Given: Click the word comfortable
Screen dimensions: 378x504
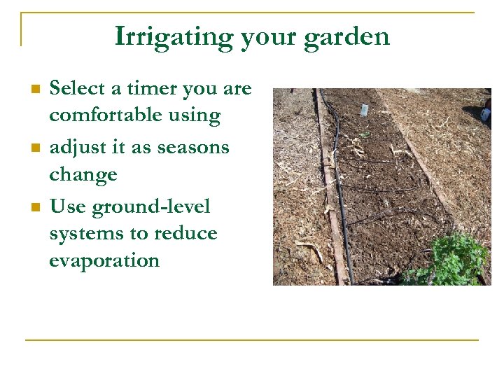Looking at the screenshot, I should point(104,115).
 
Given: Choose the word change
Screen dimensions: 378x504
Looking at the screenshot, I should point(83,175).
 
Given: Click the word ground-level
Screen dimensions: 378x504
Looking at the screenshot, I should point(150,207).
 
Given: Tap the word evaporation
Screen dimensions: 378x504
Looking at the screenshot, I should point(104,260).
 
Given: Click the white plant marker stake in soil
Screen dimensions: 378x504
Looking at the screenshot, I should point(363,111).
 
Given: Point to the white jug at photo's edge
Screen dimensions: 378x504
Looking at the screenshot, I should point(486,112).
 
